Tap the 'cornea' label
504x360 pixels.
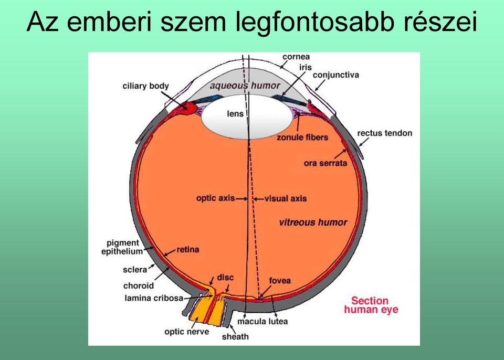pyautogui.click(x=296, y=57)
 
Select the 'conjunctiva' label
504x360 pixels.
pyautogui.click(x=336, y=75)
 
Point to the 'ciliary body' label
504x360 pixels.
pyautogui.click(x=145, y=86)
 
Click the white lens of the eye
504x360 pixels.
pyautogui.click(x=247, y=117)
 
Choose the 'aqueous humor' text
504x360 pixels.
pyautogui.click(x=245, y=86)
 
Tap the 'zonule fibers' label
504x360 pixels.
pyautogui.click(x=302, y=137)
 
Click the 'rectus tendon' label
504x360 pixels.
pyautogui.click(x=384, y=133)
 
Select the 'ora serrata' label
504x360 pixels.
pyautogui.click(x=325, y=163)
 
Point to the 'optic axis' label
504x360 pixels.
pyautogui.click(x=215, y=198)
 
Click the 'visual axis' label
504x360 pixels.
pyautogui.click(x=286, y=199)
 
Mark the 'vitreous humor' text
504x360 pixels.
pyautogui.click(x=313, y=223)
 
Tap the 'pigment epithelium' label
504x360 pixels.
pyautogui.click(x=122, y=247)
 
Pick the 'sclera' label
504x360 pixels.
pyautogui.click(x=135, y=270)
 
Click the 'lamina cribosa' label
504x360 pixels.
pyautogui.click(x=154, y=298)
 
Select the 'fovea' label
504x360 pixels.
pyautogui.click(x=280, y=281)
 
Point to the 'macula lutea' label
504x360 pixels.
pyautogui.click(x=262, y=321)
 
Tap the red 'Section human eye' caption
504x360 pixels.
pyautogui.click(x=371, y=305)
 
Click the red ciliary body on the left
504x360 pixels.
pyautogui.click(x=187, y=108)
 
